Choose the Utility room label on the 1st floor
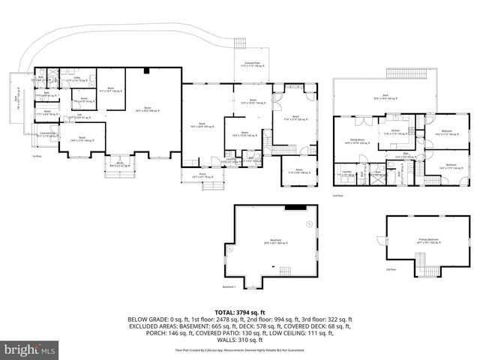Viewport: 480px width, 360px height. [76, 78]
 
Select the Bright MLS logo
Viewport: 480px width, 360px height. [30, 349]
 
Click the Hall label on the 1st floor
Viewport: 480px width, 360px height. [79, 117]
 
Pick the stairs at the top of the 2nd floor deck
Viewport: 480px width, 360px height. [407, 72]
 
